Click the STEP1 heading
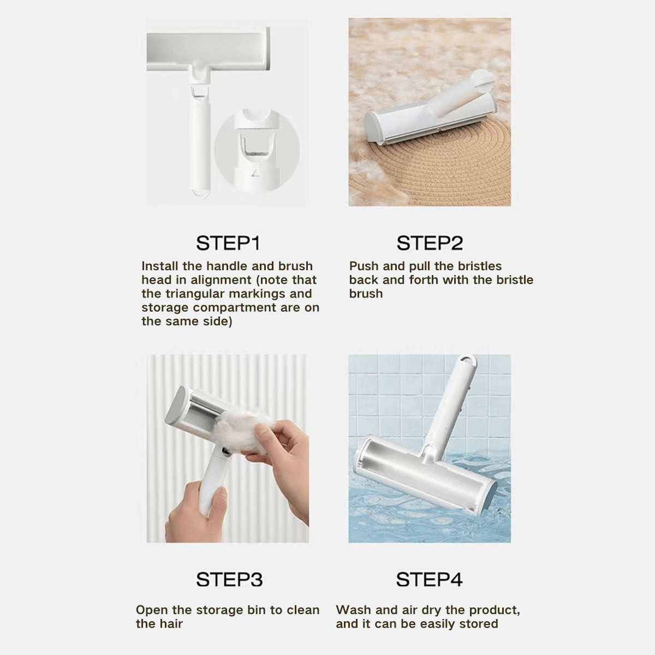pos(228,243)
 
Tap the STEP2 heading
pos(430,243)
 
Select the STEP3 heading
pos(229,579)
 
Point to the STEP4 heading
pos(429,579)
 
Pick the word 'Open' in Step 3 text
pos(152,610)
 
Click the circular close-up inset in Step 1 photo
pos(257,150)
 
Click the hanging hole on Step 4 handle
pos(466,361)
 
